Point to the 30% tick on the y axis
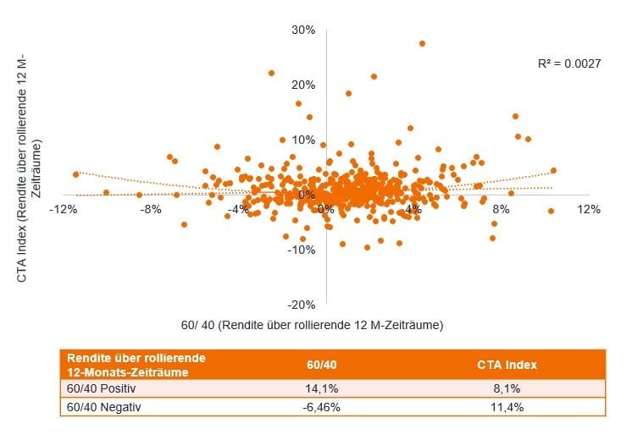(x=303, y=30)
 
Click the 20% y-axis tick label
(x=303, y=85)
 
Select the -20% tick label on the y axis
(x=302, y=305)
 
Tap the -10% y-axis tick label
(x=302, y=250)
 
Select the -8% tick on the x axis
(x=151, y=208)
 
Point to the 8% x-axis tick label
(x=501, y=208)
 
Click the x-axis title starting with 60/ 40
(x=313, y=325)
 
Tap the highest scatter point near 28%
(x=422, y=43)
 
